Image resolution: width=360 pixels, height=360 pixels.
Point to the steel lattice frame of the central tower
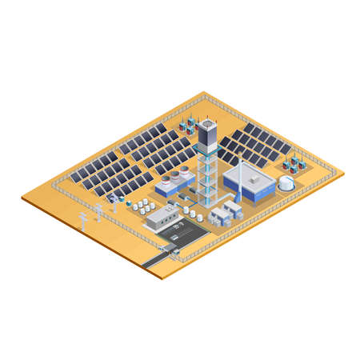point(207,180)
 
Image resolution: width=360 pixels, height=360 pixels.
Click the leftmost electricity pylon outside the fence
point(82,220)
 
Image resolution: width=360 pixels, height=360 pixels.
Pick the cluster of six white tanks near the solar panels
point(143,206)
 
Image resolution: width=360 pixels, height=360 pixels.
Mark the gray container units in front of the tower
point(226,211)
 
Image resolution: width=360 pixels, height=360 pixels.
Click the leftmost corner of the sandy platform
point(22,198)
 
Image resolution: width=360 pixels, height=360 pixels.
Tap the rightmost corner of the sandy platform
point(343,170)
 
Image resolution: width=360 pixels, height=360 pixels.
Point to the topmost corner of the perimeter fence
point(206,98)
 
